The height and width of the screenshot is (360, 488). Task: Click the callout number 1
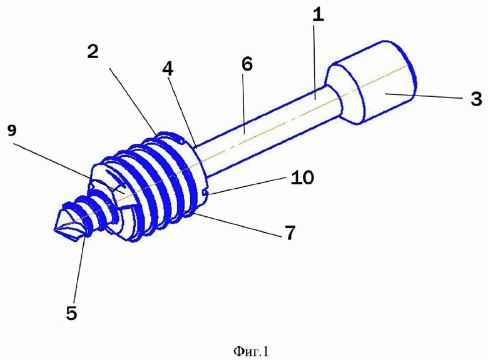[318, 15]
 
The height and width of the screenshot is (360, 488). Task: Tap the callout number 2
[93, 51]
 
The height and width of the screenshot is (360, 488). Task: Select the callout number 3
[476, 99]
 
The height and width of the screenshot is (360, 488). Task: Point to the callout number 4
[168, 69]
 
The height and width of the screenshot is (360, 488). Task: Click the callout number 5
[71, 313]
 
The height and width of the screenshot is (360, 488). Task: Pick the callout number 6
[247, 64]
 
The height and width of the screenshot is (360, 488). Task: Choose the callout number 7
[290, 233]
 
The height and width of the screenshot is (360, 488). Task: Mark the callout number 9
[11, 131]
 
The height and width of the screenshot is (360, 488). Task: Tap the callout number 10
[302, 178]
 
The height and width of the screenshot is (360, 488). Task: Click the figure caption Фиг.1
[251, 352]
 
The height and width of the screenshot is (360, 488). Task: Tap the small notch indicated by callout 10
[205, 193]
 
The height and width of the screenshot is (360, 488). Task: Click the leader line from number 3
[424, 96]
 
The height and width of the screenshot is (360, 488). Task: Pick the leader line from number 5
[79, 268]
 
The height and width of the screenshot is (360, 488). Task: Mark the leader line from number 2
[135, 102]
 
